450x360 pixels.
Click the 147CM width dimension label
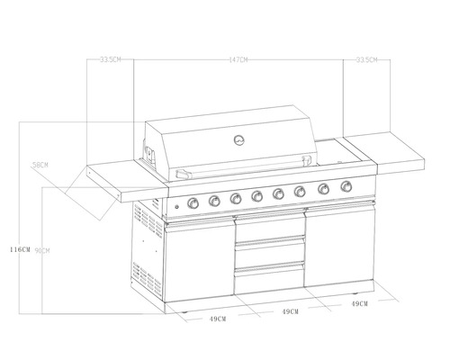point(238,60)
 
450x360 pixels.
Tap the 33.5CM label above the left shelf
point(111,60)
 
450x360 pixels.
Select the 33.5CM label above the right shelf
point(366,60)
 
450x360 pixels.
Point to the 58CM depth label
point(40,165)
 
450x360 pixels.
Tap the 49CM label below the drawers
point(290,311)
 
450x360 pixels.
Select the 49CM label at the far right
point(359,304)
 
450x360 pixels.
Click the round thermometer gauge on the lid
point(239,139)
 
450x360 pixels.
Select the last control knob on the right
point(346,187)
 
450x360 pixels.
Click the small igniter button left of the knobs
point(177,209)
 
